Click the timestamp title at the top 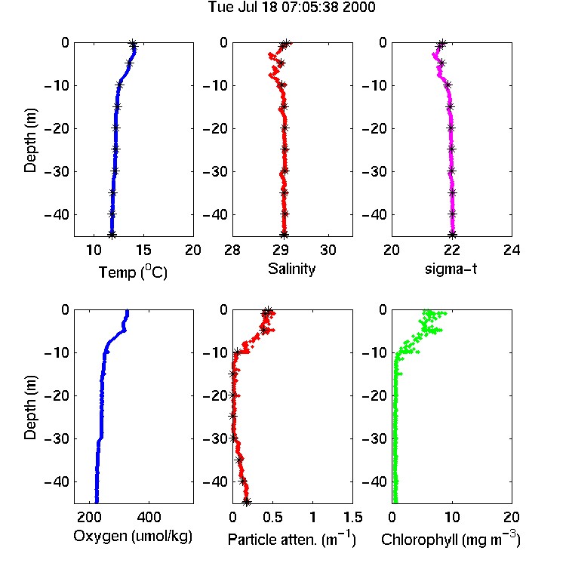click(x=291, y=7)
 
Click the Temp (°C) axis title click(x=133, y=272)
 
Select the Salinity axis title click(x=291, y=269)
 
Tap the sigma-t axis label click(x=451, y=269)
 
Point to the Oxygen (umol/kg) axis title click(x=133, y=537)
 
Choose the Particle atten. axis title click(x=291, y=539)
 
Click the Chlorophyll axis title click(x=451, y=539)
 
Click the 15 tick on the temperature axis click(x=143, y=250)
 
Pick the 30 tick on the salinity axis click(x=328, y=250)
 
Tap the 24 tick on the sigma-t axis click(x=512, y=250)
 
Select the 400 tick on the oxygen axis click(x=149, y=517)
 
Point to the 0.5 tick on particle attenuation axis click(x=272, y=517)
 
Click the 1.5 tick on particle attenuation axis click(x=352, y=517)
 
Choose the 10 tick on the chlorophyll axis click(x=452, y=517)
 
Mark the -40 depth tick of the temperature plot click(x=57, y=215)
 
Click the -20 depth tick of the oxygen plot click(x=57, y=395)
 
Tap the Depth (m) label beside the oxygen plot click(x=30, y=408)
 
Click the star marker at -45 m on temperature click(x=112, y=234)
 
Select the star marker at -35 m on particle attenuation click(x=238, y=460)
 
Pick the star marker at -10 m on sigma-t click(x=448, y=85)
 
